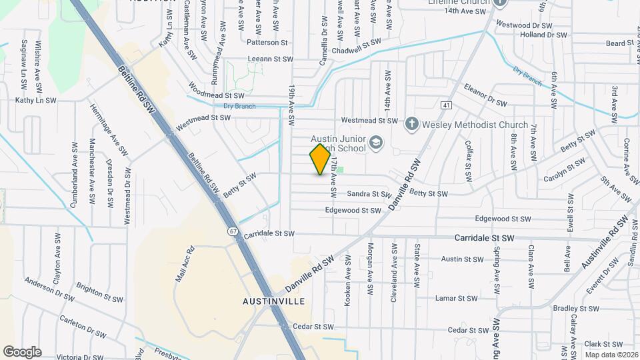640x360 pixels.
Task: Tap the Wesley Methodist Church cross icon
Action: pyautogui.click(x=412, y=124)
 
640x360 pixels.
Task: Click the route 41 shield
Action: pyautogui.click(x=446, y=105)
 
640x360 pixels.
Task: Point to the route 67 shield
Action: pyautogui.click(x=232, y=231)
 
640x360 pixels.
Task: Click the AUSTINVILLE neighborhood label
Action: pyautogui.click(x=273, y=301)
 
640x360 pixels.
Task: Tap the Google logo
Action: pyautogui.click(x=22, y=351)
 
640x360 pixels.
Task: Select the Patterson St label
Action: pyautogui.click(x=267, y=42)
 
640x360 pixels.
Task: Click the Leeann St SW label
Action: pyautogui.click(x=271, y=59)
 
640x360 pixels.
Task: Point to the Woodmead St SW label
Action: pyautogui.click(x=211, y=95)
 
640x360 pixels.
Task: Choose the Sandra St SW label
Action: pyautogui.click(x=368, y=194)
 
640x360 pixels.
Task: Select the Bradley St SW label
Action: pyautogui.click(x=577, y=308)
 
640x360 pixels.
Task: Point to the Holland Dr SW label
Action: pyautogui.click(x=543, y=35)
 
